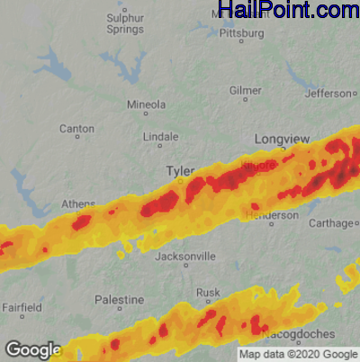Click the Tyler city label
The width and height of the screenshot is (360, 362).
[x=180, y=170]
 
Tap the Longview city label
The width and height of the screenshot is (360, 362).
[x=282, y=139]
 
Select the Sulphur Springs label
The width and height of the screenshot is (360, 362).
[x=125, y=23]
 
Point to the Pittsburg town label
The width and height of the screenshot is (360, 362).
[x=241, y=34]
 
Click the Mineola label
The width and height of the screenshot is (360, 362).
[x=147, y=104]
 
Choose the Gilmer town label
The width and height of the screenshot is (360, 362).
[x=246, y=91]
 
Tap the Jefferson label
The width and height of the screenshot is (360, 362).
[x=328, y=93]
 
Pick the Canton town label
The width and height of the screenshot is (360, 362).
[x=76, y=129]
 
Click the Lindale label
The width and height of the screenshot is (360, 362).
[x=161, y=137]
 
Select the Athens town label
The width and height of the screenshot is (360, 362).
[x=78, y=204]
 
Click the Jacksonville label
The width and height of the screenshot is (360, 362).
[x=185, y=257]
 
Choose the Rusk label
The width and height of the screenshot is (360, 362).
[x=208, y=293]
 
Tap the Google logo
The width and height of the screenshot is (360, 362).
[x=33, y=349]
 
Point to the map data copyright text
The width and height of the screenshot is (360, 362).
[x=298, y=354]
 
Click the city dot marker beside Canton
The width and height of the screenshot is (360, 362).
[x=77, y=139]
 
